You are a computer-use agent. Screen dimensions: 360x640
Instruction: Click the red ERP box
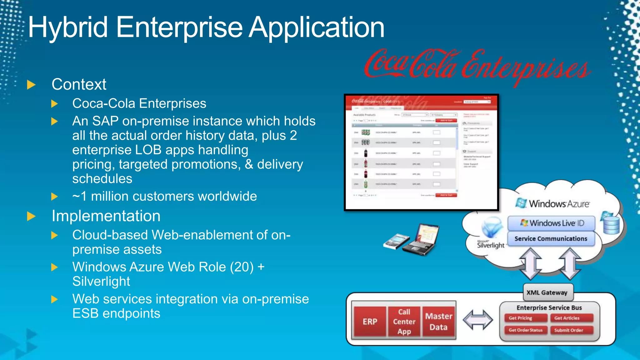pyautogui.click(x=370, y=322)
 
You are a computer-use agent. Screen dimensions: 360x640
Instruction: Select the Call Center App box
pyautogui.click(x=404, y=322)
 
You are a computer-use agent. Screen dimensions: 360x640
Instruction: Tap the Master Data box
pyautogui.click(x=439, y=322)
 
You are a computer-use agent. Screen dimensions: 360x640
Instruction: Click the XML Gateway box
pyautogui.click(x=547, y=292)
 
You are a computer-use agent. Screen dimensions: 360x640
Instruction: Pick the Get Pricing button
pyautogui.click(x=525, y=318)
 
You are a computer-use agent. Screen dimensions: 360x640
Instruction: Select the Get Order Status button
pyautogui.click(x=525, y=330)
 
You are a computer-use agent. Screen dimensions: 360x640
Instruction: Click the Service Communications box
pyautogui.click(x=551, y=239)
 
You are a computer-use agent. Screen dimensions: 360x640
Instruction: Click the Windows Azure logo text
pyautogui.click(x=559, y=204)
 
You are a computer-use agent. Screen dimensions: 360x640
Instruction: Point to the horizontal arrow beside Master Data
pyautogui.click(x=477, y=320)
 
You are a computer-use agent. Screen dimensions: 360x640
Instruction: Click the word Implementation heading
pyautogui.click(x=106, y=216)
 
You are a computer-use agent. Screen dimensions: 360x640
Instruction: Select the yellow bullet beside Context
pyautogui.click(x=31, y=84)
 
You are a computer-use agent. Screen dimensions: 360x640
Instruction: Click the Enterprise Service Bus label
pyautogui.click(x=549, y=308)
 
